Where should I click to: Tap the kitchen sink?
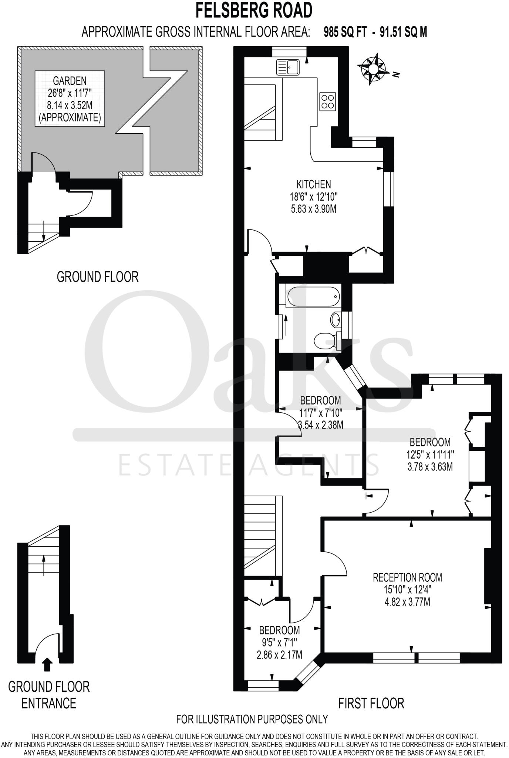(289, 67)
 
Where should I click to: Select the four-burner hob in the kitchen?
(327, 101)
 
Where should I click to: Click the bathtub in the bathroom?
(313, 296)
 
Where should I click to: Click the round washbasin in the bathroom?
(336, 319)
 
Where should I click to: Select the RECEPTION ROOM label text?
(407, 577)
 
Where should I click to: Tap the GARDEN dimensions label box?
(70, 99)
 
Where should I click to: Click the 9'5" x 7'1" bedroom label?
(279, 642)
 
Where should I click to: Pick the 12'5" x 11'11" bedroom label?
(430, 454)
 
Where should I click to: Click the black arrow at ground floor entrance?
(47, 664)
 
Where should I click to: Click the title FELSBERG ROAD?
(254, 10)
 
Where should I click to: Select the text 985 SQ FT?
(345, 32)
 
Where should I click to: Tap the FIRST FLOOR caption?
(371, 703)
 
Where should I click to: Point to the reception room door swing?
(337, 564)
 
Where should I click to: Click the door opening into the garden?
(44, 163)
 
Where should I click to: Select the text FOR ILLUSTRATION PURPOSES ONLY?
(252, 719)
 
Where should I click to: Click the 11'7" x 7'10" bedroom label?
(320, 412)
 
